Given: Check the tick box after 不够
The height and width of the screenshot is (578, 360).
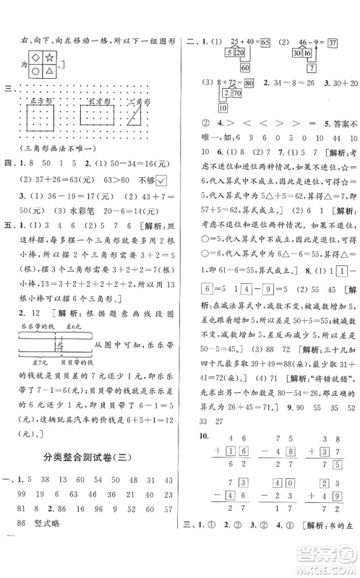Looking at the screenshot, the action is (162, 220).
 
